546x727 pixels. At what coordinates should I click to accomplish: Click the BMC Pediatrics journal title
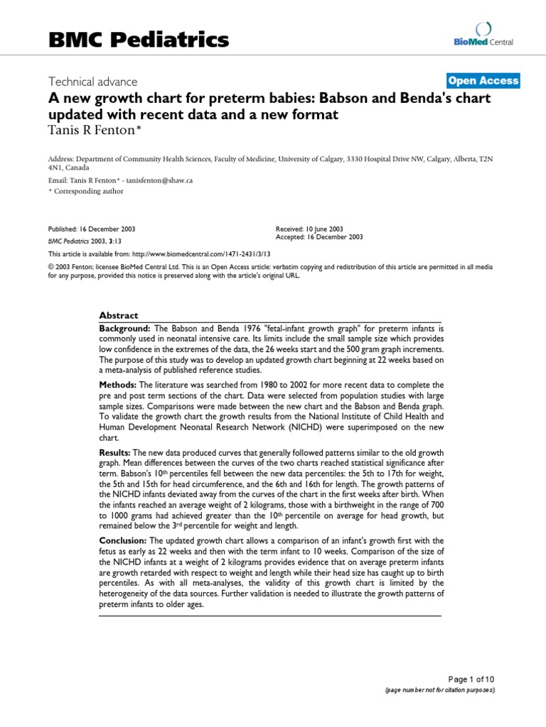[139, 39]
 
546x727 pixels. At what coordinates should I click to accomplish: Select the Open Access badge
[483, 81]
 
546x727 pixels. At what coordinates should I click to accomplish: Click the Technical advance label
[92, 82]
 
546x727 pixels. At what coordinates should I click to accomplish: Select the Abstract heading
[119, 315]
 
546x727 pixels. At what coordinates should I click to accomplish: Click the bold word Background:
[124, 329]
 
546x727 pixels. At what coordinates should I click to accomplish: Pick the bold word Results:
[116, 452]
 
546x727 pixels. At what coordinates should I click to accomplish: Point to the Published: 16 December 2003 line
[92, 229]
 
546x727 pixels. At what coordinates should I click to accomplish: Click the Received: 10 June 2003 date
[309, 229]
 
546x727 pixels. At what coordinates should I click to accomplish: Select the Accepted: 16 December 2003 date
[319, 237]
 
